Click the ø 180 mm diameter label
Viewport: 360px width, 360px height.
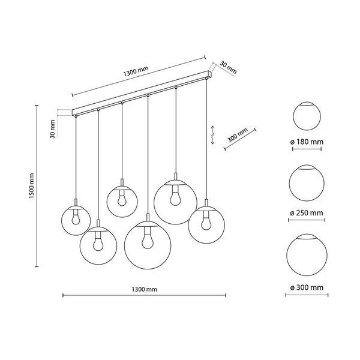tap(307, 142)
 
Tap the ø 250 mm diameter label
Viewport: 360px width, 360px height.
tap(307, 213)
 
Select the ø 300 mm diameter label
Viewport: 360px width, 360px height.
tap(307, 287)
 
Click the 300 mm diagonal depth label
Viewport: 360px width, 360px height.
tap(238, 135)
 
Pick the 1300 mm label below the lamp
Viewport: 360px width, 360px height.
tap(145, 289)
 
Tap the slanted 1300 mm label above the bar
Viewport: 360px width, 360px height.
tap(136, 71)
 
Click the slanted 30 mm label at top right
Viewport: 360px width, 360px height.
tap(228, 67)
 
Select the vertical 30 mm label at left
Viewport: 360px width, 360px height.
tap(53, 129)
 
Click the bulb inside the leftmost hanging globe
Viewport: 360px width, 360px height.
tap(76, 220)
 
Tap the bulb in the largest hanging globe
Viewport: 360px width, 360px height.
tap(148, 242)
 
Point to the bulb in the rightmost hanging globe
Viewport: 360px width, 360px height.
tap(206, 224)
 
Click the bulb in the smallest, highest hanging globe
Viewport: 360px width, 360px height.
tap(122, 201)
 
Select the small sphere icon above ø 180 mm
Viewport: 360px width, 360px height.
tap(307, 116)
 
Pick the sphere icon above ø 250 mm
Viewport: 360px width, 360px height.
tap(307, 183)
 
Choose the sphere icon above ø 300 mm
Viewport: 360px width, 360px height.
tap(307, 255)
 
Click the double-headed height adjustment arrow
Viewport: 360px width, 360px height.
tap(212, 135)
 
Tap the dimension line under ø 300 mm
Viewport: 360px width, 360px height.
tap(307, 295)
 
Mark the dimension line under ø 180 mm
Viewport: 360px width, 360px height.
tap(307, 149)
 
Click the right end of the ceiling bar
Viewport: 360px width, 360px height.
tap(211, 73)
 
